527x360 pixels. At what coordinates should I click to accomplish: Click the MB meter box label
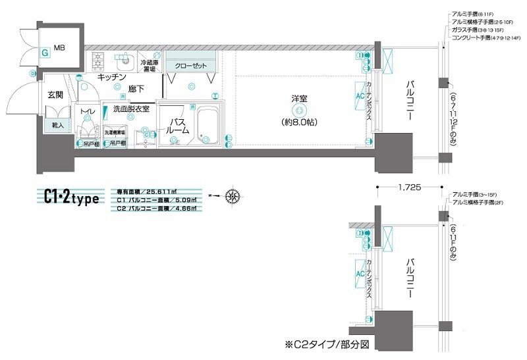[59, 48]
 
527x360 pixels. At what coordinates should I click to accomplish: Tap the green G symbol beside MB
[44, 53]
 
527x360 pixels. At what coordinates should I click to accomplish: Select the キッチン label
[111, 77]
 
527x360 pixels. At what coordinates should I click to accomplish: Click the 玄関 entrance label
[55, 95]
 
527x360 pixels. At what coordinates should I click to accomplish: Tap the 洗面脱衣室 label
[131, 108]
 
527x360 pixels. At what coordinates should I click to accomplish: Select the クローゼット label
[191, 66]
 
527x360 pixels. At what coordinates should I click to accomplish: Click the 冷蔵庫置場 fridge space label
[149, 65]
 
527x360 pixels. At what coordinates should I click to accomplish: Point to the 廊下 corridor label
[136, 88]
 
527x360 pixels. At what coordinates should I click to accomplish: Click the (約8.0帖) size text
[300, 122]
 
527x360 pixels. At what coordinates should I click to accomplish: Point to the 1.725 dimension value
[409, 187]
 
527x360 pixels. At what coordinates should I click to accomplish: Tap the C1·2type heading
[72, 196]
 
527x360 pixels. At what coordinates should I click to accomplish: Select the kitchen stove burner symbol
[99, 61]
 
